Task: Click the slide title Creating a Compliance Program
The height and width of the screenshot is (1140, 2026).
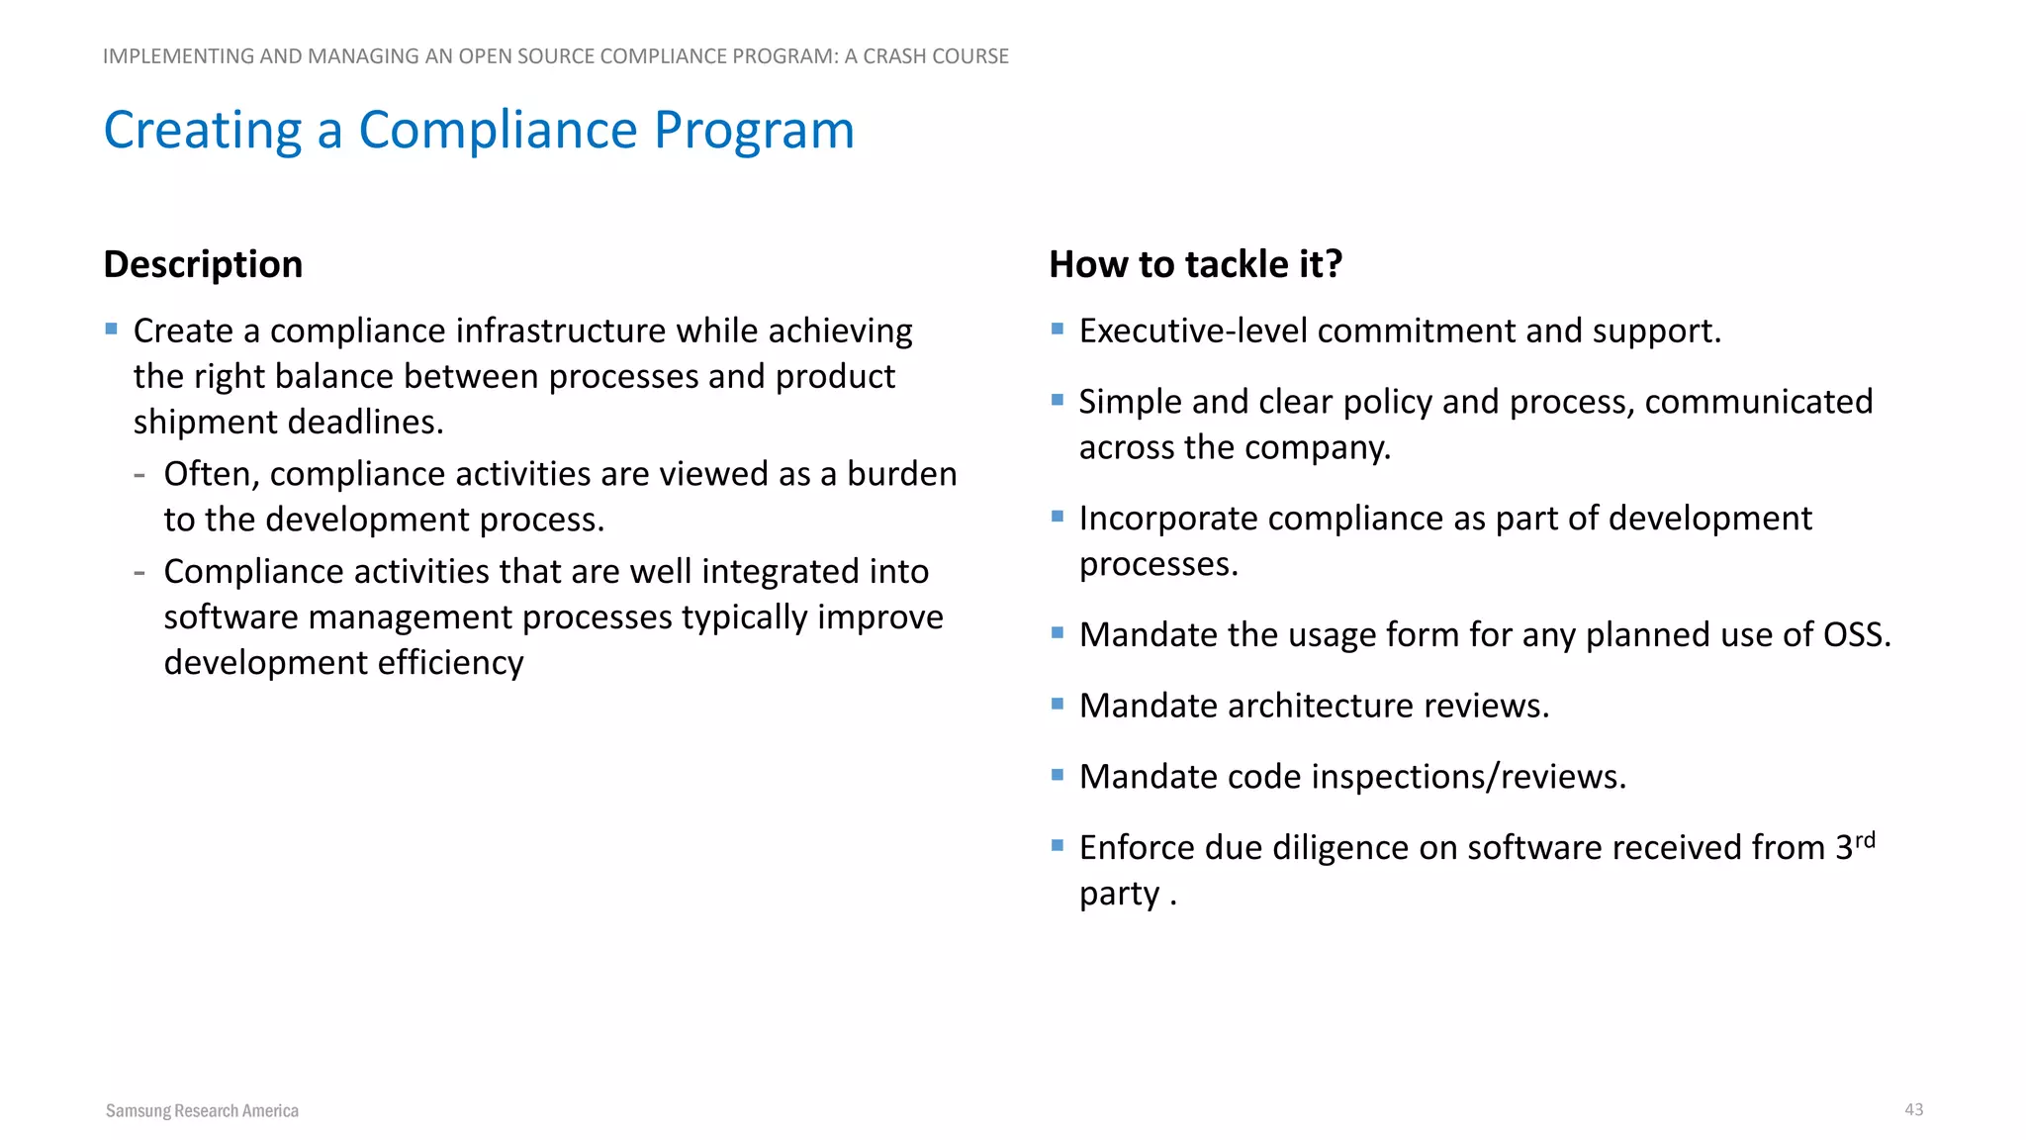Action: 479,130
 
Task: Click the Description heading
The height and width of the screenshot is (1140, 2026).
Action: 203,264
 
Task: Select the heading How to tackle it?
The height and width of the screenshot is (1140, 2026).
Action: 1195,264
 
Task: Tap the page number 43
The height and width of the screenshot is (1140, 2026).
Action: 1913,1109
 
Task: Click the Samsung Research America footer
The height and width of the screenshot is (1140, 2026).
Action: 202,1110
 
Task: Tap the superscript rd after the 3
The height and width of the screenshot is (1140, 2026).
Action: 1865,840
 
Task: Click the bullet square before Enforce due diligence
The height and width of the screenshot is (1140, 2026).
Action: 1057,845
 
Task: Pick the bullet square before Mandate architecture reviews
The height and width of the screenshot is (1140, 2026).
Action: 1057,704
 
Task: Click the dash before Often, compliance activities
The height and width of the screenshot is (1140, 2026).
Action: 139,475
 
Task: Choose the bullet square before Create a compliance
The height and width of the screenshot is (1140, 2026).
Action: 111,329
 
